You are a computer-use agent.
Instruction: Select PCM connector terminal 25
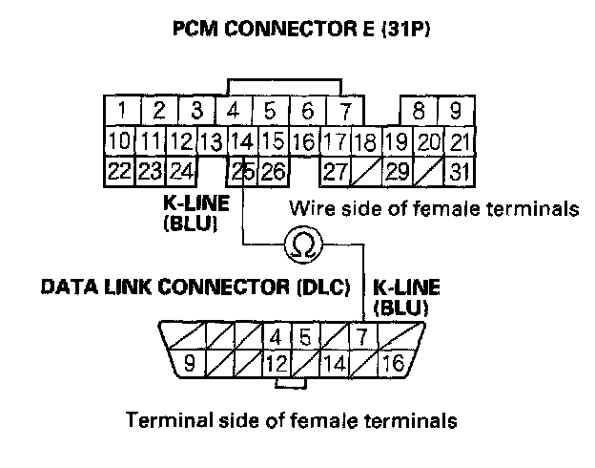pos(243,173)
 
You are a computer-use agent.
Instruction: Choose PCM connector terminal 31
pos(462,173)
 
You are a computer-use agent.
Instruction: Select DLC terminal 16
pos(393,363)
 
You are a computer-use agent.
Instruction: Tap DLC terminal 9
pos(189,363)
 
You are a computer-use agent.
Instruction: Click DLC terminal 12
pos(277,363)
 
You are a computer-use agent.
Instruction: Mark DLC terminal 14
pos(335,363)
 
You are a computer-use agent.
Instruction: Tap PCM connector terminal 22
pos(118,173)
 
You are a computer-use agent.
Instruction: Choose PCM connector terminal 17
pos(334,142)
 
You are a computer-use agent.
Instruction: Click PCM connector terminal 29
pos(398,173)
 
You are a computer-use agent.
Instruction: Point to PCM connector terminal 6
pos(307,111)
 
